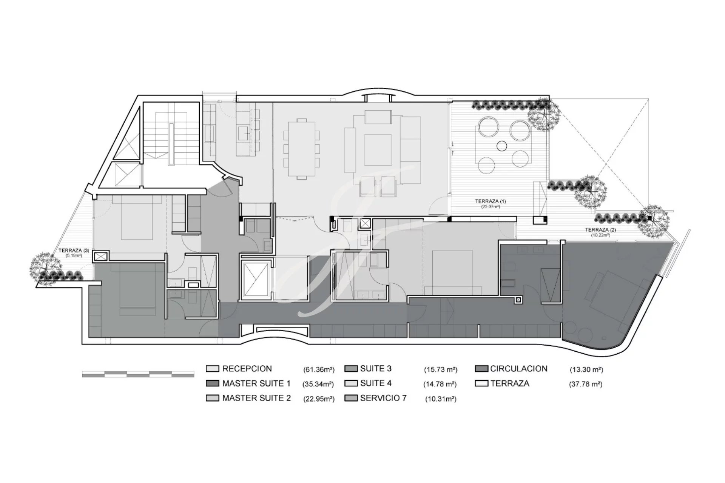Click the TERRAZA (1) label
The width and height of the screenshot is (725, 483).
(491, 202)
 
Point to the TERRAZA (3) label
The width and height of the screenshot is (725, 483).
(74, 251)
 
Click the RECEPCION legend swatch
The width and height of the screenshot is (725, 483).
(212, 369)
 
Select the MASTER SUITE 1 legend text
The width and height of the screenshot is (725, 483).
(256, 384)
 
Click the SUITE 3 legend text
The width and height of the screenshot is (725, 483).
(376, 369)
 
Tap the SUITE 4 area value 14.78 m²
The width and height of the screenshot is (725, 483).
(440, 385)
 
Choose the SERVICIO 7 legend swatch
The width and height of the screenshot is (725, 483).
(351, 398)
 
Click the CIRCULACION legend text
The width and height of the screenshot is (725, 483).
(519, 369)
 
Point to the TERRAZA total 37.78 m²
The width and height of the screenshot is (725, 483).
(586, 385)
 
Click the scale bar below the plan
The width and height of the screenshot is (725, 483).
(138, 374)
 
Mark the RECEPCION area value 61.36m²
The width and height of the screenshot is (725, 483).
(319, 370)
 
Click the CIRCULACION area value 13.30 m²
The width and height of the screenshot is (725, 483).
(586, 370)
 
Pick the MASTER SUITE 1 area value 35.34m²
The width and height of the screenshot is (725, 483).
(318, 385)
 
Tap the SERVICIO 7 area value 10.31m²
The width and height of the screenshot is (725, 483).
(441, 399)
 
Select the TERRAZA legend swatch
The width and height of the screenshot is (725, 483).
(481, 384)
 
